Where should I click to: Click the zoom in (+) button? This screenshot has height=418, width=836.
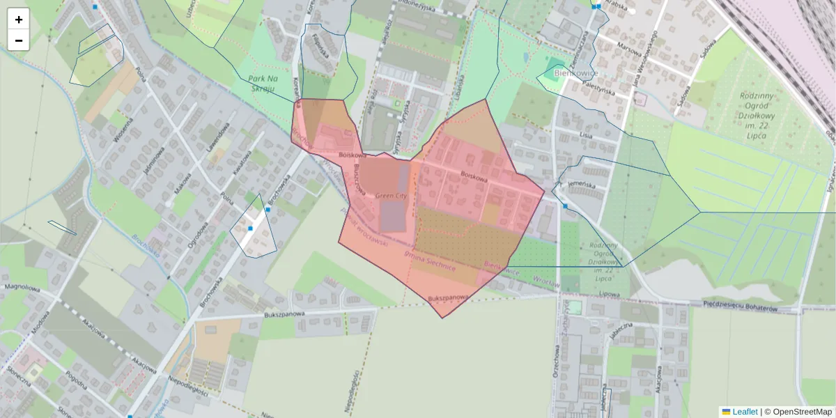pyautogui.click(x=19, y=20)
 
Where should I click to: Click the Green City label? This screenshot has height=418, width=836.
pyautogui.click(x=390, y=196)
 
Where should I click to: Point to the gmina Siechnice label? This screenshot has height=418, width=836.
pyautogui.click(x=430, y=261)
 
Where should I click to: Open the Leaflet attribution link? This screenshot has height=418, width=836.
pyautogui.click(x=744, y=412)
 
